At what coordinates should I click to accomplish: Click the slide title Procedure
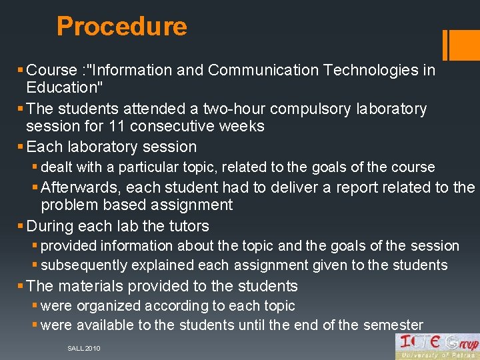pos(121,27)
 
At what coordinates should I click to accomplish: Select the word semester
pos(393,325)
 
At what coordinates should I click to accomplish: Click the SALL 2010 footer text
pos(84,349)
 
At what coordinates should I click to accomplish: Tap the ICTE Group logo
pos(437,346)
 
